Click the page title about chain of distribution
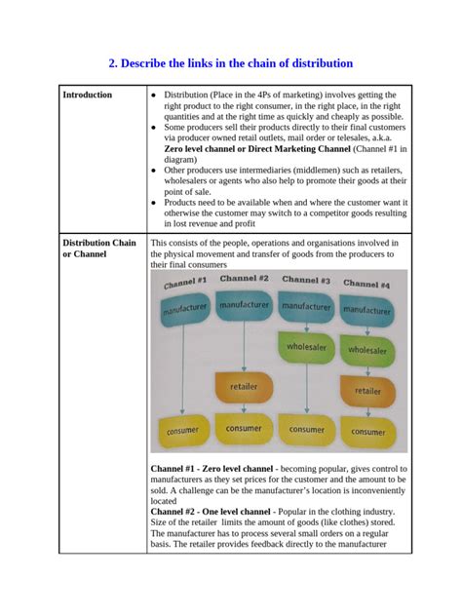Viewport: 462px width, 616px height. coord(230,63)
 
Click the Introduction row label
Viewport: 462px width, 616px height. coord(88,95)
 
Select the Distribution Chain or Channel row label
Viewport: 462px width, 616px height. coord(98,249)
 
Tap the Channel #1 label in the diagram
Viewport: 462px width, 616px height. coord(185,283)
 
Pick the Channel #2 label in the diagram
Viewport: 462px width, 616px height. coord(244,278)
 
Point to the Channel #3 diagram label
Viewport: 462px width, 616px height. coord(306,280)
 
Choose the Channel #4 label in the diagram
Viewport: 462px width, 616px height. coord(366,284)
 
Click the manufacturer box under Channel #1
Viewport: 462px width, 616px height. coord(184,310)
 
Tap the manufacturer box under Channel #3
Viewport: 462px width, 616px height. coord(307,306)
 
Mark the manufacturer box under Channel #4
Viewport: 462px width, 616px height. coord(367,312)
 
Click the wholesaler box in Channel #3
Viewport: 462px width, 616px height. coord(307,346)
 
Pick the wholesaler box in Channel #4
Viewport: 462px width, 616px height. coord(367,350)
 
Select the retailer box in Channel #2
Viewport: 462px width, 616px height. coord(244,387)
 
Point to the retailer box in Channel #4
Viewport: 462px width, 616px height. coord(367,391)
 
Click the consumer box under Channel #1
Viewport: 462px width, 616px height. coord(182,430)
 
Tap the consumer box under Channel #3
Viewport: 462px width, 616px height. coord(307,429)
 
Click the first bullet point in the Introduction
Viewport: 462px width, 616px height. coord(156,95)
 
